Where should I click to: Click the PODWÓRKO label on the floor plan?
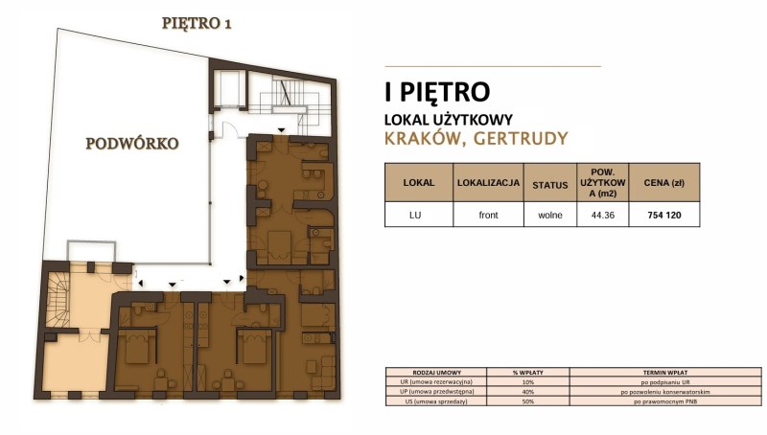[x=132, y=144]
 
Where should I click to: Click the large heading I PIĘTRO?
[x=437, y=92]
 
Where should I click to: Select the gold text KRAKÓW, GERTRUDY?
[x=475, y=139]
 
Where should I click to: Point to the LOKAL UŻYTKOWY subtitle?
[x=448, y=120]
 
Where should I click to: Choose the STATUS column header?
[x=550, y=181]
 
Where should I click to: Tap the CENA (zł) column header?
[x=664, y=181]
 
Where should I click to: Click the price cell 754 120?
[x=664, y=215]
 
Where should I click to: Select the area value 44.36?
[x=602, y=215]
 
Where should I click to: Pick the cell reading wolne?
[x=550, y=215]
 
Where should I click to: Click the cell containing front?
[x=488, y=215]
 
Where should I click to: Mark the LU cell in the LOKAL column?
[x=415, y=215]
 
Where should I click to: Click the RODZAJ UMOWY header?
[x=435, y=372]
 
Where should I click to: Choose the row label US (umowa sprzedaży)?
[x=430, y=401]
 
